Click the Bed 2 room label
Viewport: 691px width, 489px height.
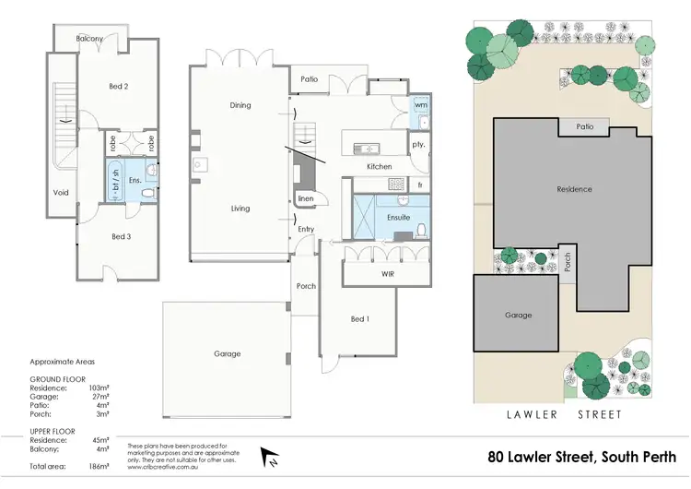click(x=119, y=86)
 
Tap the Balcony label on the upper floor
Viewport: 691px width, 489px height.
click(x=89, y=39)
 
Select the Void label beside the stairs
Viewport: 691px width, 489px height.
click(x=61, y=193)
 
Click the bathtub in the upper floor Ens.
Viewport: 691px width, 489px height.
click(x=115, y=180)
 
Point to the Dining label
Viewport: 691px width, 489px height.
click(x=240, y=105)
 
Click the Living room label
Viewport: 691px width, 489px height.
click(x=240, y=209)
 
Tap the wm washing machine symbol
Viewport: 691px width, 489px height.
click(x=421, y=105)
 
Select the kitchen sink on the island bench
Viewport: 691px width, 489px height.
click(x=366, y=149)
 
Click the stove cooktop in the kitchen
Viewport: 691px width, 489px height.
click(x=396, y=184)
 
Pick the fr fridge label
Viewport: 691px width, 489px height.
click(x=420, y=185)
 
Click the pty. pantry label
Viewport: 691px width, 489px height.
click(x=418, y=144)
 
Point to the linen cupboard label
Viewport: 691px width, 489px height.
click(x=305, y=198)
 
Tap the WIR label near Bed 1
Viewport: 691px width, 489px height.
click(x=388, y=274)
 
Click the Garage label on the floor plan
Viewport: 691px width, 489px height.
click(x=228, y=353)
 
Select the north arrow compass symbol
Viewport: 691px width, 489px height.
click(x=269, y=458)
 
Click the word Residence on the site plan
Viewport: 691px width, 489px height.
click(x=574, y=189)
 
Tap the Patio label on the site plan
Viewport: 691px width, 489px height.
click(x=585, y=126)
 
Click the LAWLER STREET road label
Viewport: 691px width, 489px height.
click(x=564, y=414)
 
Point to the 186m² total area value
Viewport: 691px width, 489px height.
click(x=99, y=466)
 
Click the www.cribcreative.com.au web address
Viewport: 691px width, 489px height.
click(x=163, y=467)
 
